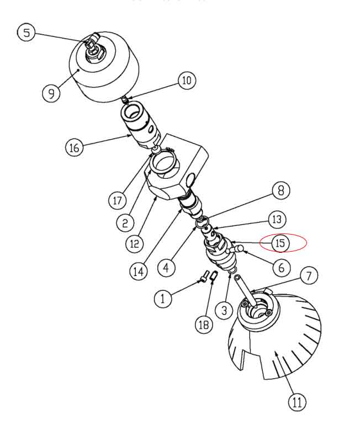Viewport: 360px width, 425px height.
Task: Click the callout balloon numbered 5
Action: pos(26,33)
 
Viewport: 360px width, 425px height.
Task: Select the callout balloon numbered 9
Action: pos(51,92)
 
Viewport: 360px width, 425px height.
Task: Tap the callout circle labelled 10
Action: pos(186,81)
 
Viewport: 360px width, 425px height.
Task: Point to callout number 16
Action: pos(75,147)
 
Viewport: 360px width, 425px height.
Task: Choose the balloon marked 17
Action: pos(117,200)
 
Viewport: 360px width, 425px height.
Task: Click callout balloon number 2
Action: pos(125,222)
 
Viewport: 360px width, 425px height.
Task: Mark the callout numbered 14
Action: pos(139,271)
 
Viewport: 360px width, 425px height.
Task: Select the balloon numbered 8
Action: pos(280,191)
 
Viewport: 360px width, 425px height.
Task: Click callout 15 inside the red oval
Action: pos(280,242)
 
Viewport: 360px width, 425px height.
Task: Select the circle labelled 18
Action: pos(203,325)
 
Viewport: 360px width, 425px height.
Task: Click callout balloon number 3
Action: pos(224,310)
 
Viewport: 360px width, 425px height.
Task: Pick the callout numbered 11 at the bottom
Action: pos(297,402)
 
